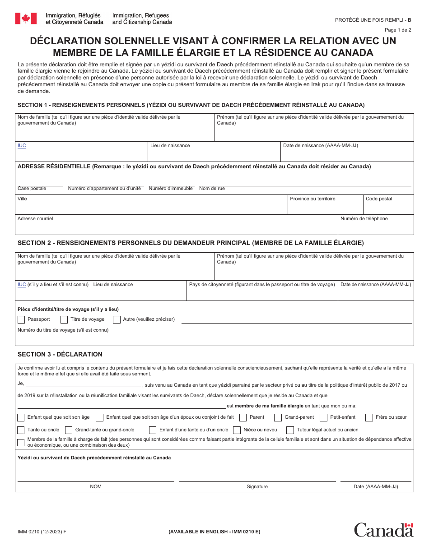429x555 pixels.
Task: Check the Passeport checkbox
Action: pyautogui.click(x=21, y=319)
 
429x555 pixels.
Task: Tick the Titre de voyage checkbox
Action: pyautogui.click(x=64, y=319)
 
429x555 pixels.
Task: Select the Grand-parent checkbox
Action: pyautogui.click(x=278, y=417)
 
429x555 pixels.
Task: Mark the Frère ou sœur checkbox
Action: pyautogui.click(x=369, y=417)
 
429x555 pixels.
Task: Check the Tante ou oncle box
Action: pyautogui.click(x=21, y=430)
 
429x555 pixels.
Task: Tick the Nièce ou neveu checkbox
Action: pyautogui.click(x=237, y=430)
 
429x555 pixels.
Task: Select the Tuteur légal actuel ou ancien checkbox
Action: pyautogui.click(x=290, y=430)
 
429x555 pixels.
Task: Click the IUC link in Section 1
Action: pyautogui.click(x=22, y=146)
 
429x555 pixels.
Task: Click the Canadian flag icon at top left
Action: pyautogui.click(x=26, y=18)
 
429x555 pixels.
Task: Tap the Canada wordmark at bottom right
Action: pyautogui.click(x=383, y=530)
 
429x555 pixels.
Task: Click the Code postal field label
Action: pyautogui.click(x=379, y=199)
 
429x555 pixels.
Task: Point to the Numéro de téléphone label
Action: pyautogui.click(x=364, y=219)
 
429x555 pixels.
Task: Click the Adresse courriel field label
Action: pyautogui.click(x=35, y=219)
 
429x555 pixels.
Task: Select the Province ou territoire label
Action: pyautogui.click(x=312, y=199)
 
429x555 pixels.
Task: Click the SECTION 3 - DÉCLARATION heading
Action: pyautogui.click(x=60, y=354)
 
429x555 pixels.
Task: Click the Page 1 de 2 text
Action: pyautogui.click(x=398, y=30)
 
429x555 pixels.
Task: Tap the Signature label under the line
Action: pyautogui.click(x=257, y=487)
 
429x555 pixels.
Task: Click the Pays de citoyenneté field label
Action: pyautogui.click(x=262, y=285)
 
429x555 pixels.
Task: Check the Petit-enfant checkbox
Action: pyautogui.click(x=323, y=417)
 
